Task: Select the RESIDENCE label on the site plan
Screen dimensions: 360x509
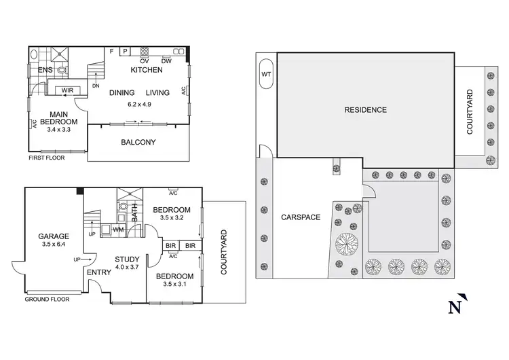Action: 365,109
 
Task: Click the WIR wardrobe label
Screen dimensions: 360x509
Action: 67,90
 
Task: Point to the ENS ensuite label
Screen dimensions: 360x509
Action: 45,70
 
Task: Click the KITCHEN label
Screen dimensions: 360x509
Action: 147,70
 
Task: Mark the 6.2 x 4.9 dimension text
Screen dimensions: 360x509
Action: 140,104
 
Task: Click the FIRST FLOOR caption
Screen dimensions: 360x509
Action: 48,158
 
